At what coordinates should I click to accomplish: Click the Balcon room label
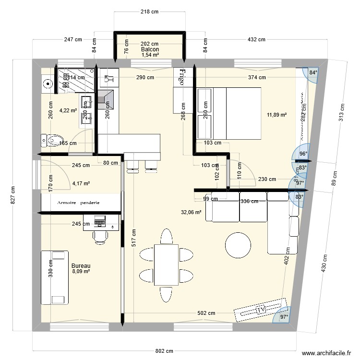pos(150,49)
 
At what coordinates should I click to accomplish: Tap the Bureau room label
pos(81,265)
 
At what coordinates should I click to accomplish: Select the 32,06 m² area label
pos(191,212)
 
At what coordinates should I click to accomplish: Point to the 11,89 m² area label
pos(276,115)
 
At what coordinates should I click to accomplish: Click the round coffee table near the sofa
pos(239,245)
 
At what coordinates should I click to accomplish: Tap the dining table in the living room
pos(166,264)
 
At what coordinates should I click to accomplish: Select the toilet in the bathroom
pos(49,141)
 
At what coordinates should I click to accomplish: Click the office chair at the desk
pos(100,236)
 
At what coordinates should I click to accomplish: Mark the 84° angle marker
pos(313,73)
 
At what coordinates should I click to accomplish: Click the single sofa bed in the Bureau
pos(54,277)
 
